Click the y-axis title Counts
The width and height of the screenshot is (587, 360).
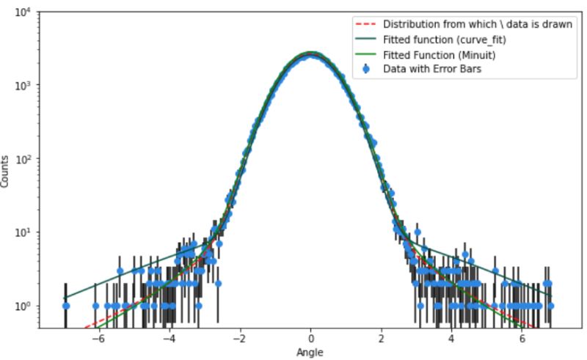pos(7,170)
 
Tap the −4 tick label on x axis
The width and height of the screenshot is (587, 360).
pos(168,339)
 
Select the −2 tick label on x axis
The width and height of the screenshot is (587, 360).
pos(239,339)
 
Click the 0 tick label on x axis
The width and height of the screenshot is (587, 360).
pos(311,339)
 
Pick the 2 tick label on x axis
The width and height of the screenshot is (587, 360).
pos(382,339)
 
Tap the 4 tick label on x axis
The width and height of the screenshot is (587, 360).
pos(452,339)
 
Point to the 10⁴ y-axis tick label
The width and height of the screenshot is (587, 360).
pos(23,12)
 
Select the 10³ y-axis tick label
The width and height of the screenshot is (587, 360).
pos(23,86)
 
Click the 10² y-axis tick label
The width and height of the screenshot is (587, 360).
pos(23,159)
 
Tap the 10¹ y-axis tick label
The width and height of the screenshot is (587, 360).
pos(23,232)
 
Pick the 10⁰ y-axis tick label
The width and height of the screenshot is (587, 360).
pos(23,306)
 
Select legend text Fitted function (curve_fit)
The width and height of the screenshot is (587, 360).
pos(440,40)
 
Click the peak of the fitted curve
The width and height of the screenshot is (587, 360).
pos(311,53)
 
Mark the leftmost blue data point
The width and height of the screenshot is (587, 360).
pos(65,306)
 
